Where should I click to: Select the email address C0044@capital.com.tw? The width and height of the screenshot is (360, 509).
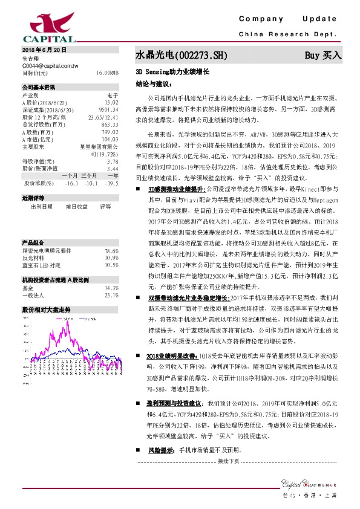click(x=48, y=65)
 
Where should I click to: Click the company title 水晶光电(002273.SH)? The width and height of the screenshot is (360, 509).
click(x=181, y=55)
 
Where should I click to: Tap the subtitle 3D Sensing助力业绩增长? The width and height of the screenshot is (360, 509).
click(x=172, y=72)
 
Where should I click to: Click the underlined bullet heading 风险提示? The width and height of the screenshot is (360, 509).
click(x=160, y=450)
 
